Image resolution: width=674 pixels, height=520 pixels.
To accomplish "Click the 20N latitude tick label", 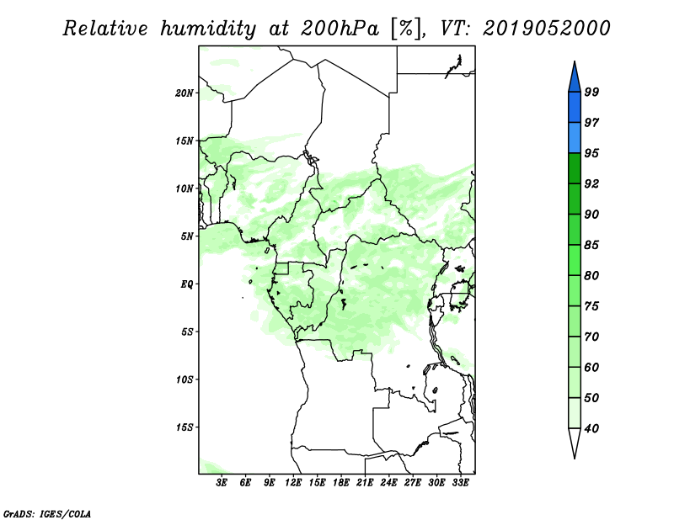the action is click(185, 93).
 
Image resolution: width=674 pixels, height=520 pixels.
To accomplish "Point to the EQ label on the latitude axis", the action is click(186, 284).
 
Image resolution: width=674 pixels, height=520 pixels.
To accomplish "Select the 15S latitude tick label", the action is click(185, 427).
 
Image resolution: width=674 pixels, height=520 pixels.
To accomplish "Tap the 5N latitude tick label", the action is click(187, 236).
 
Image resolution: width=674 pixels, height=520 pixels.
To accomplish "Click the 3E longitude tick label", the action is click(222, 483).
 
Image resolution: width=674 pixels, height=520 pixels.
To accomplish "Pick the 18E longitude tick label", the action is click(341, 483).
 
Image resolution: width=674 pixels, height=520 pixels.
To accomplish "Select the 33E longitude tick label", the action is click(460, 483).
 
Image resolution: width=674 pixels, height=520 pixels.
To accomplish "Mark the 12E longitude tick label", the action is click(293, 483).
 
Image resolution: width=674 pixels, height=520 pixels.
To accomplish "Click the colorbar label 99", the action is click(591, 92).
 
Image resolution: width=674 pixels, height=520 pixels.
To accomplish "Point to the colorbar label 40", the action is click(591, 428).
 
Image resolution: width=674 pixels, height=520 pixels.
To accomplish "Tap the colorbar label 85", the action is click(591, 245).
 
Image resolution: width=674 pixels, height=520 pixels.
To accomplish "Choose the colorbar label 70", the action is click(591, 337).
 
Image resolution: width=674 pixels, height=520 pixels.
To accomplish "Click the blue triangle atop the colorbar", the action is click(575, 79).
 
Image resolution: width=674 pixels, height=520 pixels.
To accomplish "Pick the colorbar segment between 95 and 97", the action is click(575, 138).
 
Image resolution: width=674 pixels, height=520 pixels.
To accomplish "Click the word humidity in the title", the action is click(208, 29).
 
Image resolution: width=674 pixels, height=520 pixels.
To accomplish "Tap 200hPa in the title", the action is click(340, 29).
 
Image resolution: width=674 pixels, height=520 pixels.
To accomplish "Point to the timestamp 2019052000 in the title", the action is click(546, 29).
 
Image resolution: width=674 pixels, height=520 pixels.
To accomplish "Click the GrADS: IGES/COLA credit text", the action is click(47, 513).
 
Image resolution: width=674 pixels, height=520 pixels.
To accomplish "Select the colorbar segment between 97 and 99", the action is click(575, 108).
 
